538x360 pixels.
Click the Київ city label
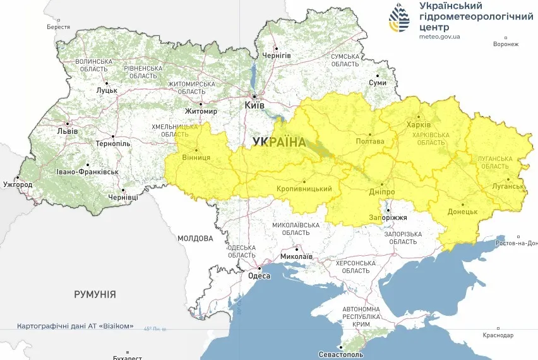(254, 106)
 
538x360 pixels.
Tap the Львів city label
(68, 131)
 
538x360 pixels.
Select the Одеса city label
(259, 275)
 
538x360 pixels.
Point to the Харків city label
(419, 124)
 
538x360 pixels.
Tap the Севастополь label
(342, 355)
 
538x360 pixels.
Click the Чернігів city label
(277, 56)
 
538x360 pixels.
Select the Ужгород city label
(17, 185)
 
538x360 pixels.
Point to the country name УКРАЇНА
(278, 142)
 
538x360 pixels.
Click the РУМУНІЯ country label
(95, 294)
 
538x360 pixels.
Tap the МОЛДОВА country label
(195, 238)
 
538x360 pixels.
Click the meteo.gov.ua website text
(439, 37)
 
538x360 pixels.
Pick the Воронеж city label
(506, 44)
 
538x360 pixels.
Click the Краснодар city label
(499, 335)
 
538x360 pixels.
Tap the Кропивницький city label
(304, 189)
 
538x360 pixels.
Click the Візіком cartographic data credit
(76, 326)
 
